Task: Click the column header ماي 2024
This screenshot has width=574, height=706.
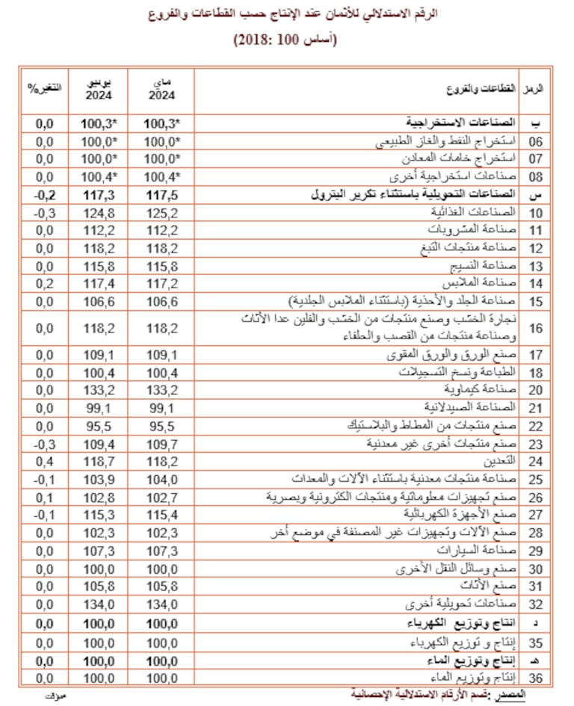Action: [x=161, y=89]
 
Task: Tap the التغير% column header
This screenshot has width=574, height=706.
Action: [x=43, y=88]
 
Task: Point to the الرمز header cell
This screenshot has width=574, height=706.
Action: [x=534, y=88]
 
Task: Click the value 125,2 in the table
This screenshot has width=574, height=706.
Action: [x=161, y=213]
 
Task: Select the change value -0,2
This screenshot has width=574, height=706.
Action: [x=44, y=195]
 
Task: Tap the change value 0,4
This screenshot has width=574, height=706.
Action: [x=44, y=461]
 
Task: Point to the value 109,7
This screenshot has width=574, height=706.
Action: [x=161, y=444]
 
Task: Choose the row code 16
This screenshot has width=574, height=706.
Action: [x=534, y=328]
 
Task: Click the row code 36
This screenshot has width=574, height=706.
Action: [x=534, y=678]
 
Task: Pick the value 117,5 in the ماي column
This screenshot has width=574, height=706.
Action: [x=161, y=195]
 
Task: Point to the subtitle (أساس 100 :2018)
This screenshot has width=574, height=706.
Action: [x=287, y=40]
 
